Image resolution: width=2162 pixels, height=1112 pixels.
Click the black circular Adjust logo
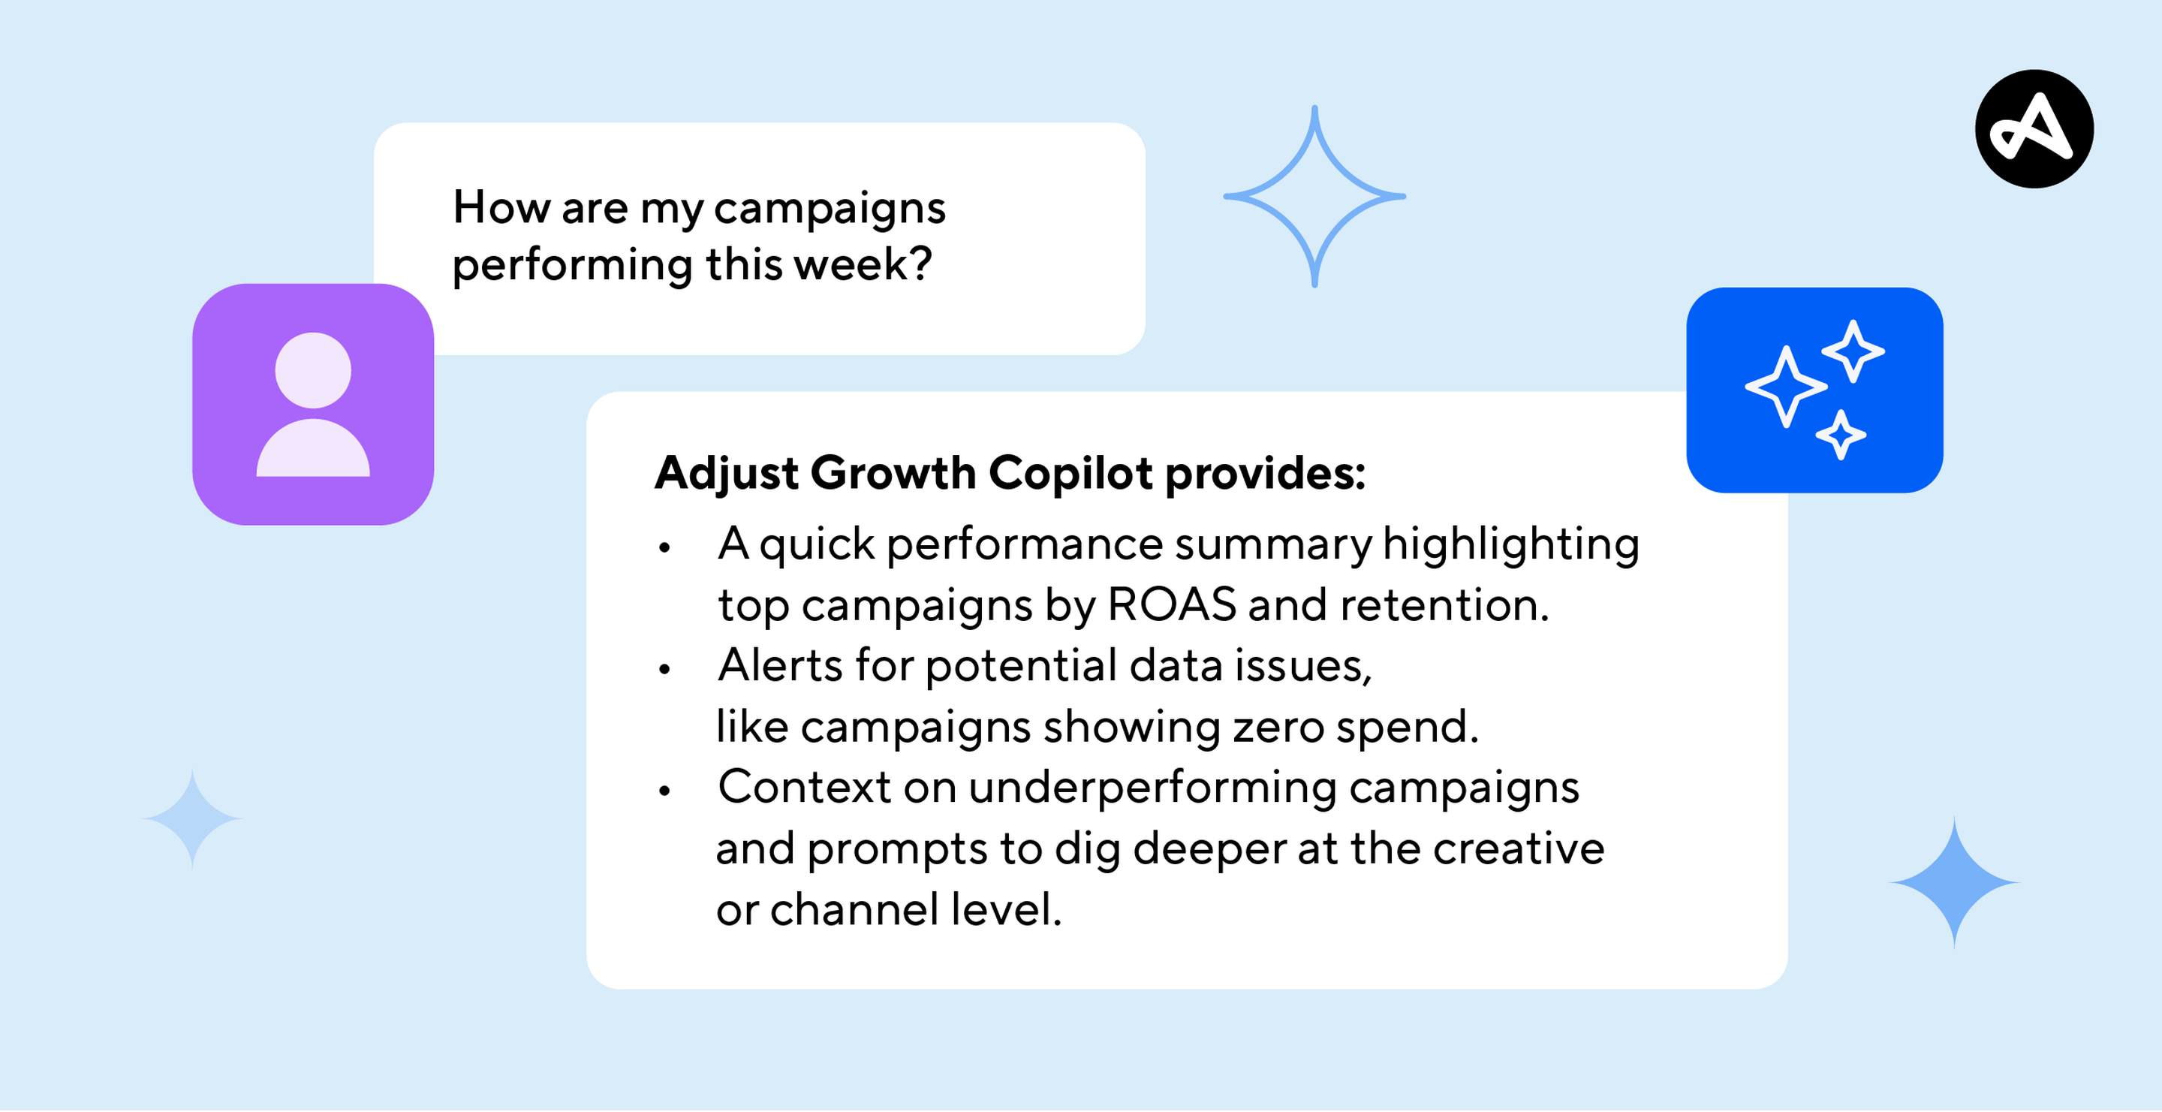[x=2034, y=129]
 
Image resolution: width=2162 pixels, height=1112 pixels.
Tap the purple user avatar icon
[x=312, y=405]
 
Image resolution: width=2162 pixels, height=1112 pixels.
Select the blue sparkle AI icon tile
[x=1814, y=390]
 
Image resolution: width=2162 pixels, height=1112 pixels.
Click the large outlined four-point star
[x=1314, y=197]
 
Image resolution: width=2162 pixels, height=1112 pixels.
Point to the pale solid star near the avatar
[x=193, y=818]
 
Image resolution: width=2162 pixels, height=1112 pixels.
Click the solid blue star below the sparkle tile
[x=1954, y=882]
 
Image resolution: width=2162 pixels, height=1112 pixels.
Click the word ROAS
[x=1172, y=604]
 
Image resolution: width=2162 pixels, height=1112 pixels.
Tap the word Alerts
[x=780, y=665]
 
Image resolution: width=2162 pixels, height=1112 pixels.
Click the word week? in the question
[x=863, y=264]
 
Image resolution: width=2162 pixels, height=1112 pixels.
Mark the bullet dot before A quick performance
[x=664, y=548]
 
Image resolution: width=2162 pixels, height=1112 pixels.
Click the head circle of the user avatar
[x=313, y=370]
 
